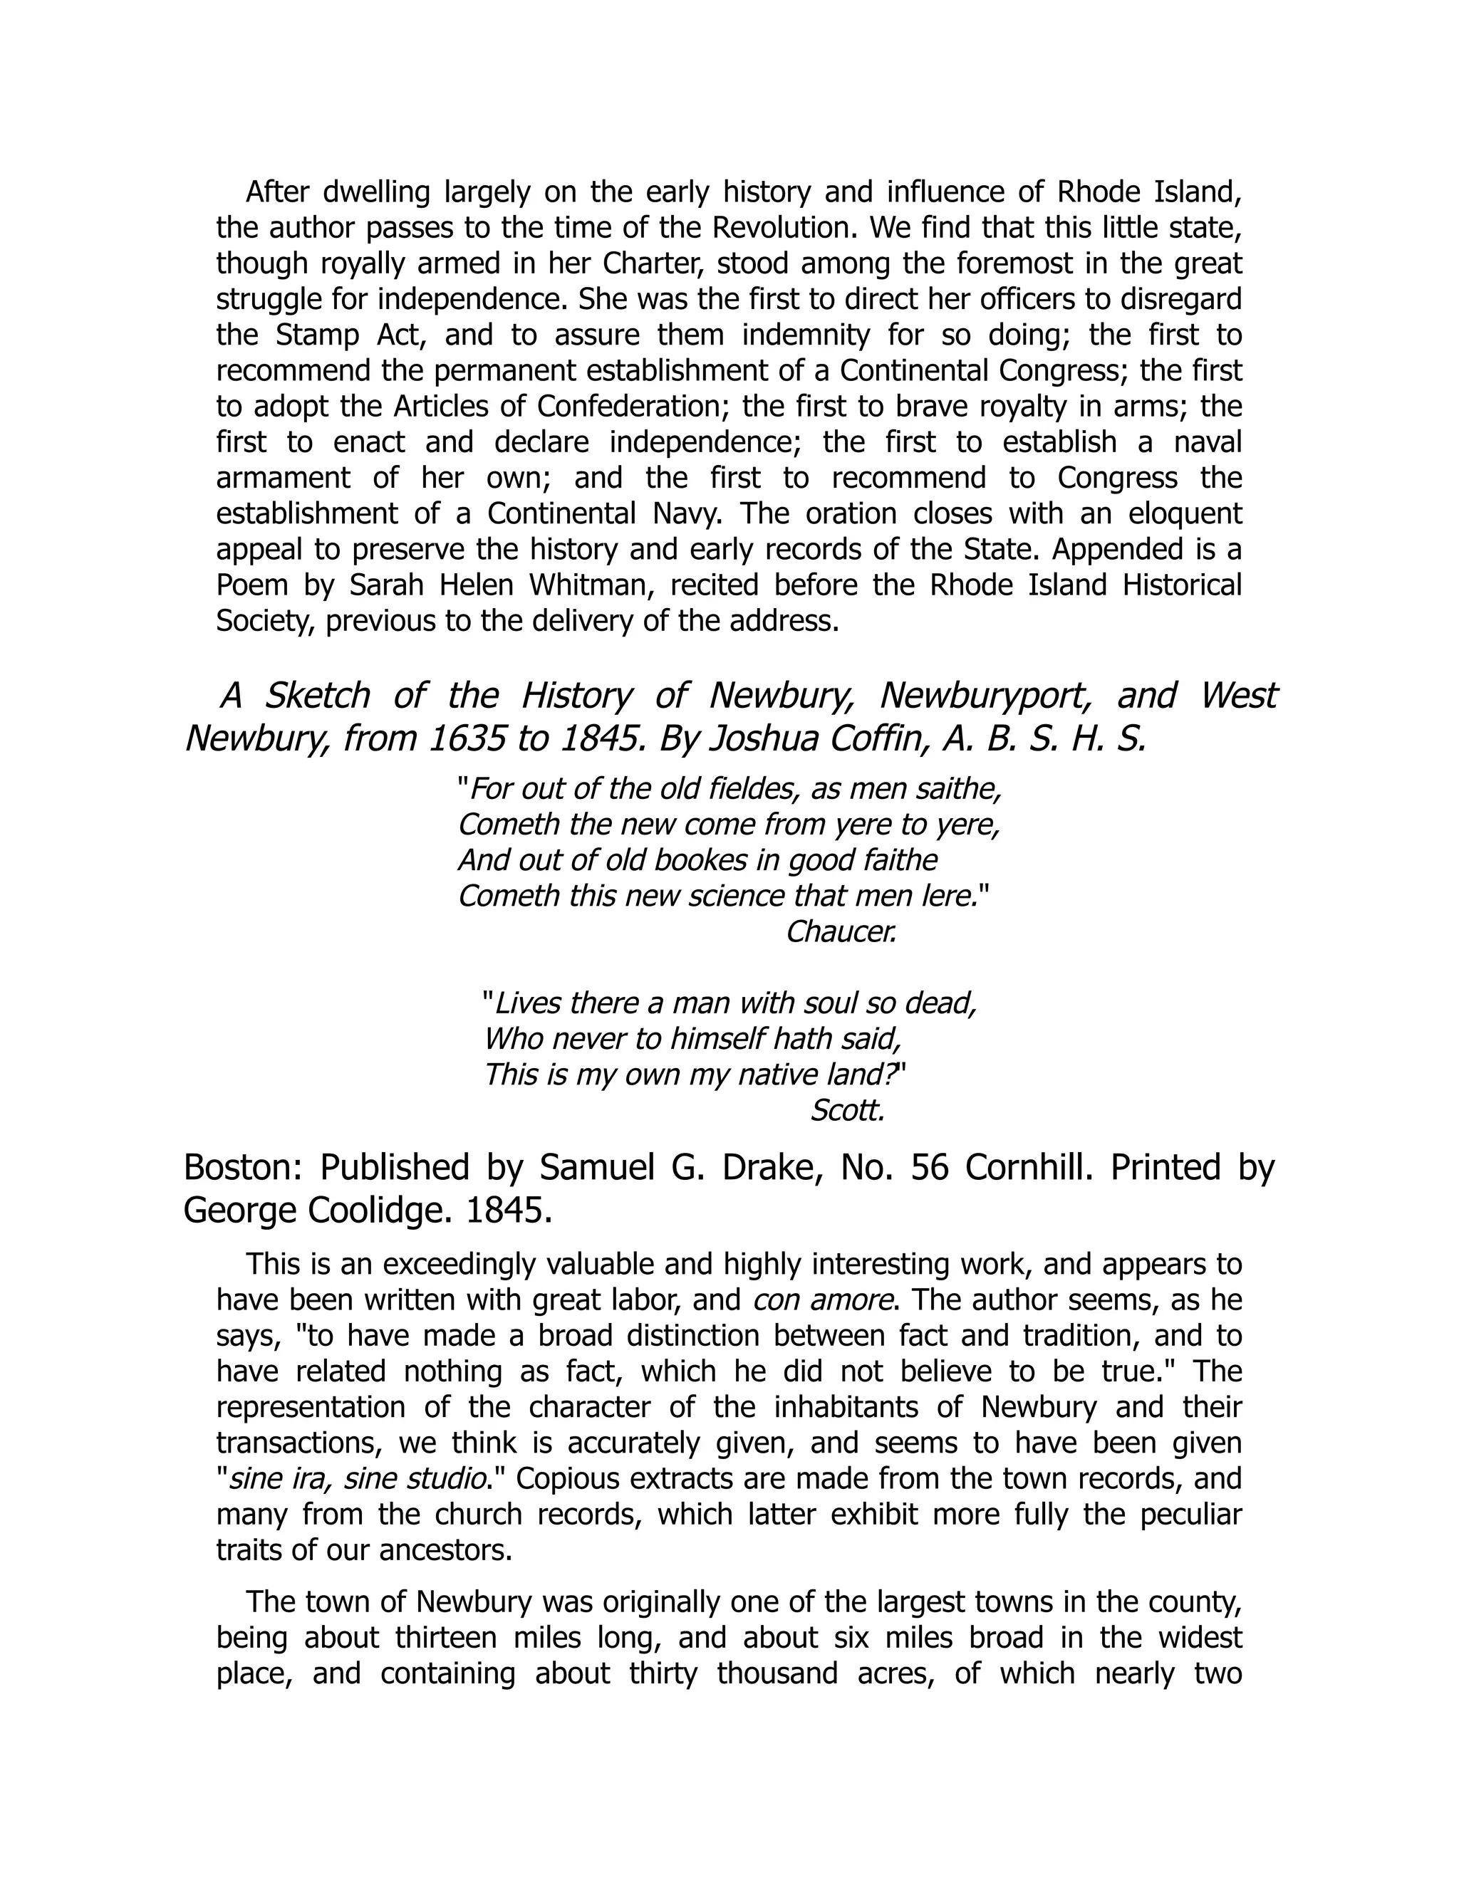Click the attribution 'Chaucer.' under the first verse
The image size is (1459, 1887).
point(840,932)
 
